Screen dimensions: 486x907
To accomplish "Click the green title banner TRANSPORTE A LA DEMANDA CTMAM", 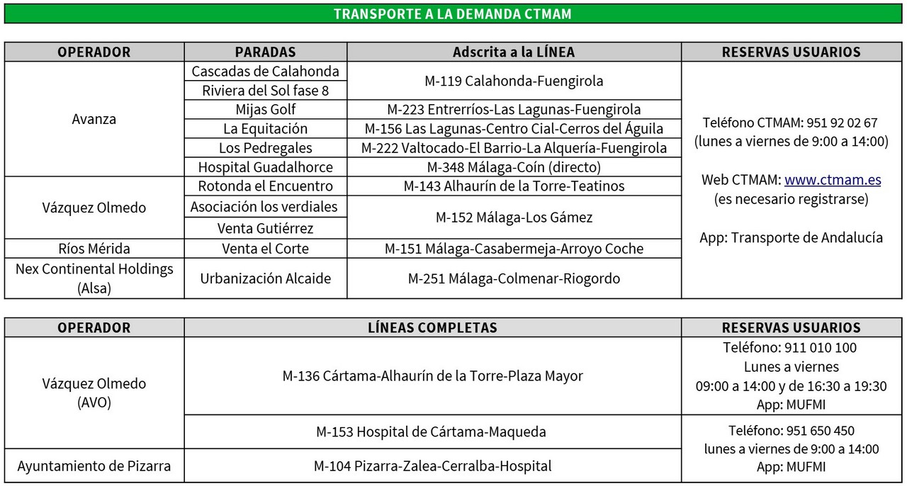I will coord(453,14).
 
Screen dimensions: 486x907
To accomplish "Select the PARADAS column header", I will coord(265,52).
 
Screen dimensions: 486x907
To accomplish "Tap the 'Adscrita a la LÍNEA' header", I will coord(514,52).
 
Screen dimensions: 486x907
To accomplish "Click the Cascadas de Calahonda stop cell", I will coord(265,72).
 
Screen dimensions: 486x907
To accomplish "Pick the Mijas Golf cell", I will coord(265,110).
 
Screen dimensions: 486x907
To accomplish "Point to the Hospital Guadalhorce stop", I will coord(265,167).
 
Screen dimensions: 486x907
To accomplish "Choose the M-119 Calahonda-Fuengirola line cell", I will coord(514,81).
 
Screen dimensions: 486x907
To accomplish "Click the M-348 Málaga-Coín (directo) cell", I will coord(514,167).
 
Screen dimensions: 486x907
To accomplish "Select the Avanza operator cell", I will coord(94,119).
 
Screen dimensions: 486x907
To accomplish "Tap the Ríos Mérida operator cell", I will coord(94,249).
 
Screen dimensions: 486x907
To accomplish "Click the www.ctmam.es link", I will coord(833,180).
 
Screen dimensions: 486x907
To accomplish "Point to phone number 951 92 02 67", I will coord(843,123).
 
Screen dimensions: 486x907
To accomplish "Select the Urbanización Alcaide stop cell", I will coord(265,278).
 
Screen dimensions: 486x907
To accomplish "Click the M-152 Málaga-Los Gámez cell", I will coord(514,217).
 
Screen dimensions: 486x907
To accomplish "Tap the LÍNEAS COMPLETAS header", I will coord(432,328).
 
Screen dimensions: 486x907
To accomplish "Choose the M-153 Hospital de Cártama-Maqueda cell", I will coord(432,431).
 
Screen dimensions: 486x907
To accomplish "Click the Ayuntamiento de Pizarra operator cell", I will coord(94,466).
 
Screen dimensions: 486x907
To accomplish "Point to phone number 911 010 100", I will coord(821,348).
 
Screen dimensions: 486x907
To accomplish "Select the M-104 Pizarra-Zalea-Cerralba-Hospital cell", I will coord(432,466).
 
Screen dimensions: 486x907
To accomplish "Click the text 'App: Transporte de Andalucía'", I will coord(791,238).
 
